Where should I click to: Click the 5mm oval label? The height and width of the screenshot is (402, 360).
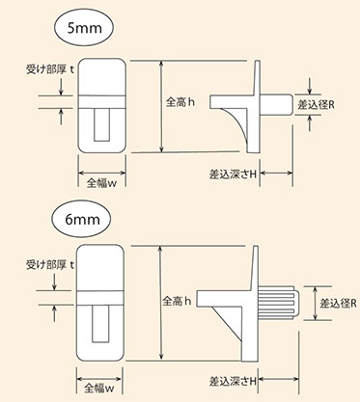pos(84,28)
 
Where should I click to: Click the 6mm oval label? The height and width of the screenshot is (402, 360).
pos(81,220)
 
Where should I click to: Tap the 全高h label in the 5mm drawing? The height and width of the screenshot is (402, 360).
pos(180,102)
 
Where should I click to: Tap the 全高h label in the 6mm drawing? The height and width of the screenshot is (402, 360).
pos(177,301)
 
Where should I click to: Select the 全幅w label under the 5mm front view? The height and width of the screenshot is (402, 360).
pos(101,183)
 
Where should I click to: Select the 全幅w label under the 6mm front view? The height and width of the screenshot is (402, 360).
pos(99,389)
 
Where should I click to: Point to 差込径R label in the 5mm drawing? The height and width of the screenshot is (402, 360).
pos(316,105)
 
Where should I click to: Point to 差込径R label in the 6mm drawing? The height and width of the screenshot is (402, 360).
pos(338,304)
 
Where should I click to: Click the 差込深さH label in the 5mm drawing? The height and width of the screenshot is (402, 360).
pos(233,174)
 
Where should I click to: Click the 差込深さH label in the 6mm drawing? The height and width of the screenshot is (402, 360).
pos(233,382)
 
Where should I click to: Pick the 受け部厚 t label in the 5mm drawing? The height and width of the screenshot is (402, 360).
pos(50,69)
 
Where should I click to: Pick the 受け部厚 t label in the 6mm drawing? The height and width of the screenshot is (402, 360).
pos(50,265)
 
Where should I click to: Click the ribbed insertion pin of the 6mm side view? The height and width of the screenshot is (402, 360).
pos(279,303)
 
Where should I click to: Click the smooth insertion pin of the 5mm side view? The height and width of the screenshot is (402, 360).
pos(276,104)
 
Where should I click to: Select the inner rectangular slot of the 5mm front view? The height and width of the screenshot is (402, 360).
pos(102,124)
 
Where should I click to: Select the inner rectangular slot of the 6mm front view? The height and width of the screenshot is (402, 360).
pos(100,324)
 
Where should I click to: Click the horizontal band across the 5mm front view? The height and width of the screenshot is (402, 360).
pos(102,101)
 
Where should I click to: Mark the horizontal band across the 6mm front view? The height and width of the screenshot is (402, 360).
pos(100,298)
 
